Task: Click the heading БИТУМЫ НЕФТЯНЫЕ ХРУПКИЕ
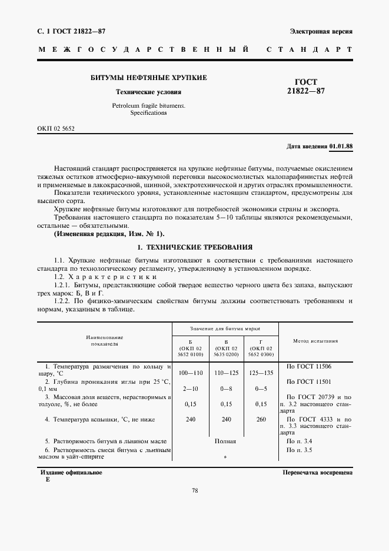(x=148, y=78)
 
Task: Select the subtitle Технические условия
(x=148, y=92)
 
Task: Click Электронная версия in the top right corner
(x=321, y=31)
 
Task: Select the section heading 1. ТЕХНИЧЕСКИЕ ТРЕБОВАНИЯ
(x=194, y=248)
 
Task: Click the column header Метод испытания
(x=315, y=341)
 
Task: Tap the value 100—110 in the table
(x=190, y=373)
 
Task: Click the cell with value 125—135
(x=261, y=373)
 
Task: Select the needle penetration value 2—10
(x=190, y=389)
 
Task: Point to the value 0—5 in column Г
(x=261, y=389)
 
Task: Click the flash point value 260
(x=261, y=420)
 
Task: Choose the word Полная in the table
(x=225, y=441)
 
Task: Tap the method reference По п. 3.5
(x=299, y=450)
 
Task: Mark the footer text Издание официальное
(x=71, y=473)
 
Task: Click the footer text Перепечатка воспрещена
(x=317, y=473)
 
